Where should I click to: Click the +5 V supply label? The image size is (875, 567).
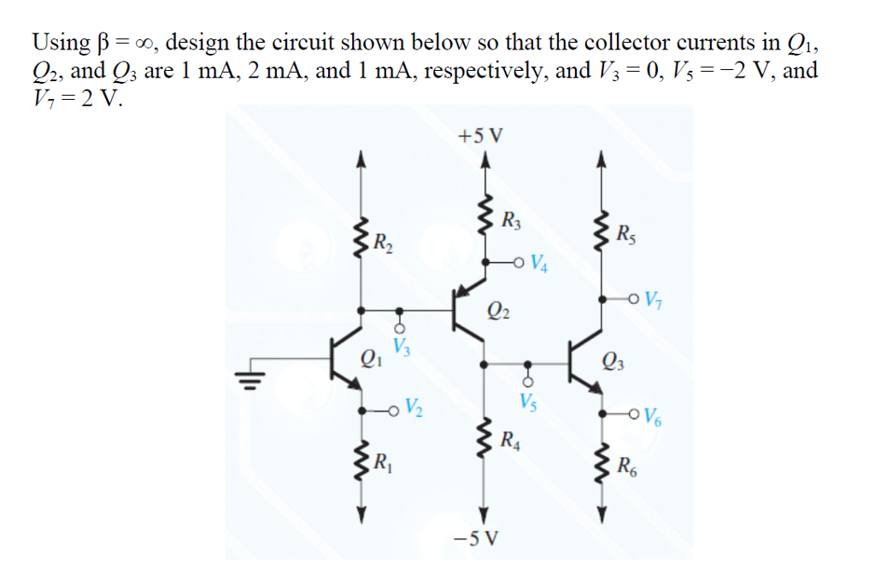click(481, 135)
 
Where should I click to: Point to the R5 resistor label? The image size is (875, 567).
click(626, 231)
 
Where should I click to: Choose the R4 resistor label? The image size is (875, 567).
click(511, 441)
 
